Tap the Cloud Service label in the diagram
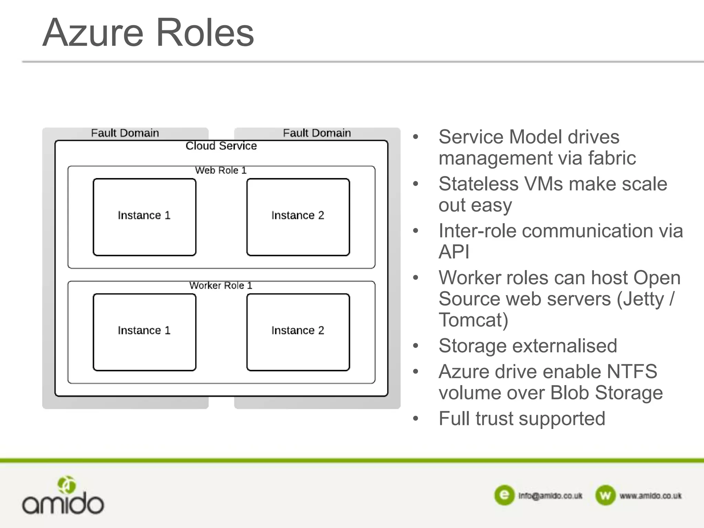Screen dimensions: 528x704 tap(221, 146)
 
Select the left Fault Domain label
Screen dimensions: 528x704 tap(125, 133)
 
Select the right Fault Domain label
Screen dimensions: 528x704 tap(317, 133)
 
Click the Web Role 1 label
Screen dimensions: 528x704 tap(221, 170)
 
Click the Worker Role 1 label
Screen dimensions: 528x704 tap(221, 285)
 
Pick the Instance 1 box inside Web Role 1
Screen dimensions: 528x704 tap(144, 217)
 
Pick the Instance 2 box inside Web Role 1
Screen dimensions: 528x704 tap(298, 217)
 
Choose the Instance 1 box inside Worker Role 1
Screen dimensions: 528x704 tap(144, 332)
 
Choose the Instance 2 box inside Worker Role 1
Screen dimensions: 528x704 tap(298, 332)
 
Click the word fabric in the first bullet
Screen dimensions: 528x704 tap(612, 158)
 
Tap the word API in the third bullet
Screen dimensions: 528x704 tap(454, 252)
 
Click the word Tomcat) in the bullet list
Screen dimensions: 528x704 tap(473, 320)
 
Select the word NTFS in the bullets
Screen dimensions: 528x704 tap(632, 372)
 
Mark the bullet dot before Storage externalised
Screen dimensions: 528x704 tap(416, 346)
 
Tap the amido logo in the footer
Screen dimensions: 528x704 tap(63, 496)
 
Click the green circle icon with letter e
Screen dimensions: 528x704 tap(504, 495)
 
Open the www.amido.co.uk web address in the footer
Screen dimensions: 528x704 tap(650, 496)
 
